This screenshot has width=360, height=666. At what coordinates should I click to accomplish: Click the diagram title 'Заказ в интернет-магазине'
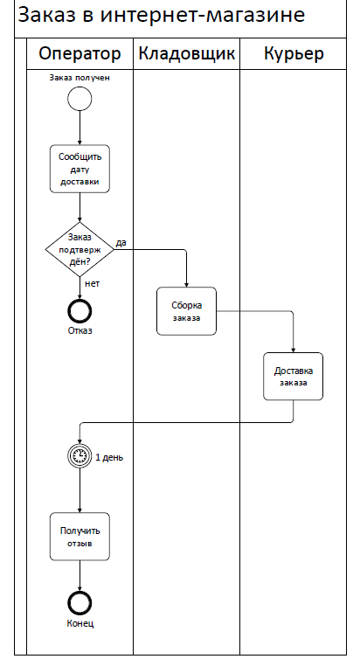162,15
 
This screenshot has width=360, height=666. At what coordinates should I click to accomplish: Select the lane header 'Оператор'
80,54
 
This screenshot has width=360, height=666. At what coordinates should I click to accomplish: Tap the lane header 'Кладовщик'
186,54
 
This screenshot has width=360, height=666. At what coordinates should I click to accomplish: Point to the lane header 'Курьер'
294,54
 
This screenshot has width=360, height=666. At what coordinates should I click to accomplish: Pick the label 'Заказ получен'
80,78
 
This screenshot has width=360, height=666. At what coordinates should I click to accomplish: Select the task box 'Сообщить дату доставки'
80,169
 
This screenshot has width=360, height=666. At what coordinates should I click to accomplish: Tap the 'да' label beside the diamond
121,243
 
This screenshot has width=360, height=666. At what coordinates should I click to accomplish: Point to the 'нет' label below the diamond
92,283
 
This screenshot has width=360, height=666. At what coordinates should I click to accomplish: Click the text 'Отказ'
80,330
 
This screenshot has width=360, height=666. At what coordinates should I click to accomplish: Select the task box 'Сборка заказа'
186,311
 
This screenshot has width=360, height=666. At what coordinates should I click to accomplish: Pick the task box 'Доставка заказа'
293,377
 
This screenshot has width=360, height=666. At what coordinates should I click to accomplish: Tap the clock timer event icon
80,456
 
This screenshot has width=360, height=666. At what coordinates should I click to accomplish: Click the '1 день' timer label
109,457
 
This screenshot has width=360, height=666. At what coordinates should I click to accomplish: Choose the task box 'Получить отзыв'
80,537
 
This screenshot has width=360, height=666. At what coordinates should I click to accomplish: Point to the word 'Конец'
80,623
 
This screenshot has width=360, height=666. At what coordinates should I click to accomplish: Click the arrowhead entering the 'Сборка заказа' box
186,285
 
